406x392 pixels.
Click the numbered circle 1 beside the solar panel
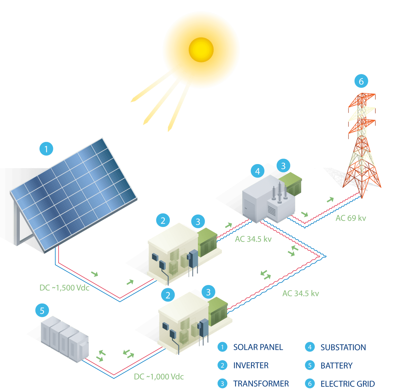[46, 149]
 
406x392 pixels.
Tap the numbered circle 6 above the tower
[361, 81]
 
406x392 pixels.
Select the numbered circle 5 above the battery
[42, 310]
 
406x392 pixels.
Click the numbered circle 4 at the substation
[257, 171]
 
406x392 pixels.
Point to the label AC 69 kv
[351, 218]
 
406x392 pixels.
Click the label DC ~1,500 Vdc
[64, 288]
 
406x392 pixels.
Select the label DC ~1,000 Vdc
[159, 377]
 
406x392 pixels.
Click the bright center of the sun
[201, 50]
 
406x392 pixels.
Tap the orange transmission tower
[362, 147]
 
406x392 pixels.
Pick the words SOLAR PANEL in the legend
[258, 347]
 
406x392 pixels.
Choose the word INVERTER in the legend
[251, 365]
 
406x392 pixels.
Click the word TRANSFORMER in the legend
[261, 384]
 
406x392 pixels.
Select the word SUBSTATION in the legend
[343, 347]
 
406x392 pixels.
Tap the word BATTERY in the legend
[336, 365]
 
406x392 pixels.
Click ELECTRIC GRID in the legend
[347, 384]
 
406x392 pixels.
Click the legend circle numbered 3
[222, 384]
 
